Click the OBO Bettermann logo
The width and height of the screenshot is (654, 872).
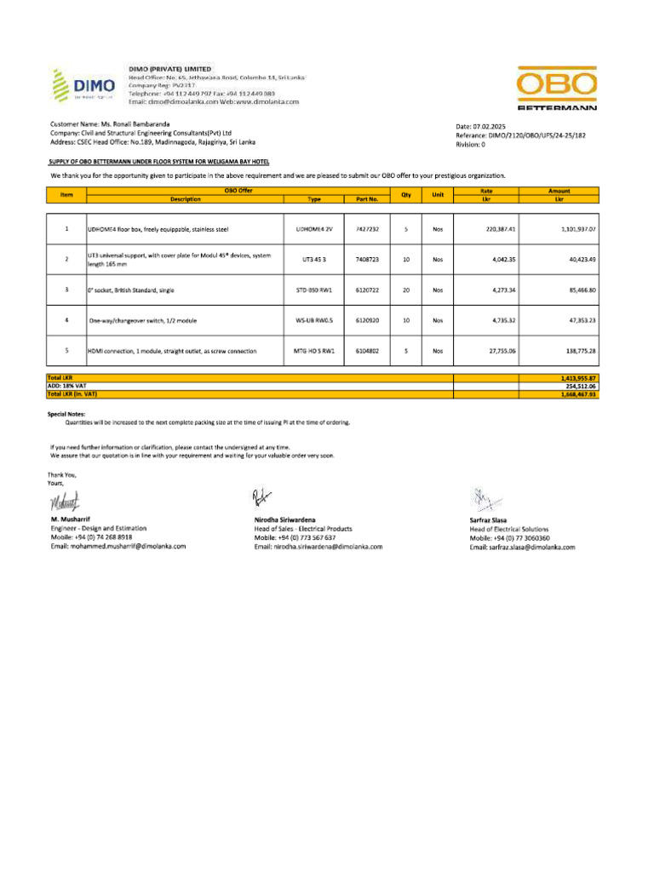click(x=556, y=87)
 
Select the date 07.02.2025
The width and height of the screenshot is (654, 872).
click(x=481, y=126)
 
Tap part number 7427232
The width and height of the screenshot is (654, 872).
click(x=367, y=229)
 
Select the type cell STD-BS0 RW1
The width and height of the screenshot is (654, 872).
click(x=313, y=290)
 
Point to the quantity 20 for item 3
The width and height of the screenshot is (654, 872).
click(x=406, y=290)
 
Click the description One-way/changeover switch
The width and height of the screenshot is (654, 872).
click(x=142, y=320)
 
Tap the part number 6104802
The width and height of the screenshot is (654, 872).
click(x=367, y=350)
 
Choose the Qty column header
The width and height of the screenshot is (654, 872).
click(x=406, y=195)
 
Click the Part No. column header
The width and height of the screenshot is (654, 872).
click(x=367, y=198)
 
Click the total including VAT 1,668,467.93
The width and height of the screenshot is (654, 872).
click(x=573, y=394)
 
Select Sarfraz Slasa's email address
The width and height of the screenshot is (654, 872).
click(x=522, y=548)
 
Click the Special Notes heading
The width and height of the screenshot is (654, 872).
click(x=66, y=413)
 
